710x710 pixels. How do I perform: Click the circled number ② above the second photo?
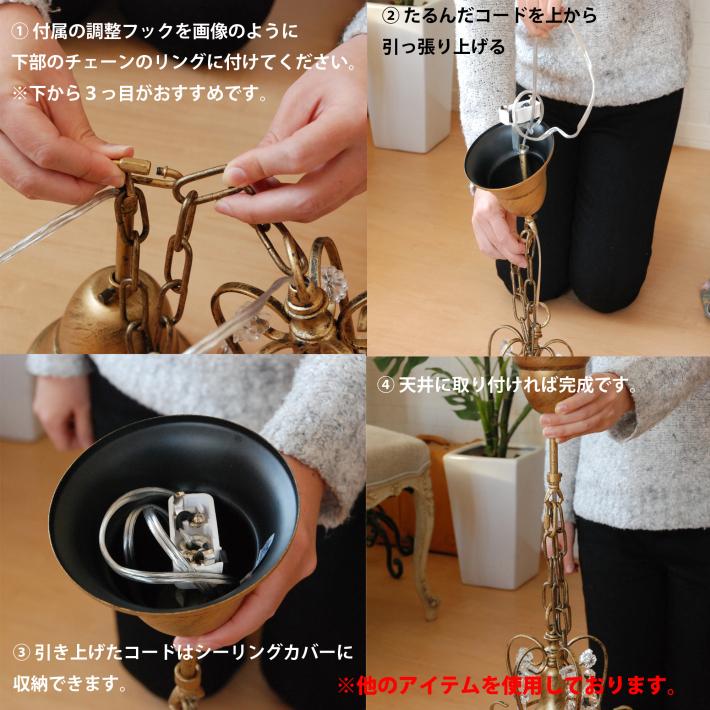click(x=390, y=16)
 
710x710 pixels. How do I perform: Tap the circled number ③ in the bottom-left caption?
click(x=21, y=653)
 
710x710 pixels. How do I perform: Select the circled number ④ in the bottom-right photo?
click(x=385, y=384)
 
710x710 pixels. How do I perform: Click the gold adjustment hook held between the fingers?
click(x=150, y=176)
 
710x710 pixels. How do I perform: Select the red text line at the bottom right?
click(x=507, y=687)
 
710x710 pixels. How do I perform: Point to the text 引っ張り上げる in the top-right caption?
click(x=443, y=47)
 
